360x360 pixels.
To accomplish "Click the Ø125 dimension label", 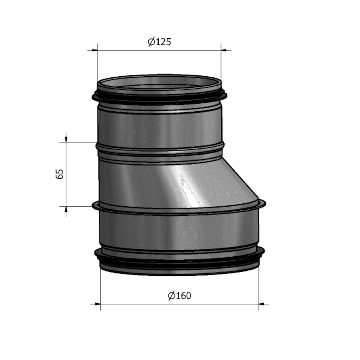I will coord(159,42).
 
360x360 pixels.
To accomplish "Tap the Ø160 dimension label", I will coord(180,296).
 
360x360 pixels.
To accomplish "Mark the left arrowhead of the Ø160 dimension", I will coord(98,304).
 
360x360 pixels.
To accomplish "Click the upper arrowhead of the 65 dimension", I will coord(66,139).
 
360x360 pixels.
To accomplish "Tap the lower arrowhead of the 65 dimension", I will coord(66,210).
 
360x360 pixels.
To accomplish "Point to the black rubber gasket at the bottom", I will coord(179,261).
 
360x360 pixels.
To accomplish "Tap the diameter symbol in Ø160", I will coord(171,296).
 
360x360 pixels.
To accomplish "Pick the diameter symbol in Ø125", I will coord(151,42).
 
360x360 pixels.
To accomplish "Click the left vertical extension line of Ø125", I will coord(98,65).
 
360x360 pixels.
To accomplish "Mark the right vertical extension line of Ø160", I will coord(259,288).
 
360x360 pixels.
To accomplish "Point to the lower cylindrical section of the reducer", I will coord(179,230).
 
